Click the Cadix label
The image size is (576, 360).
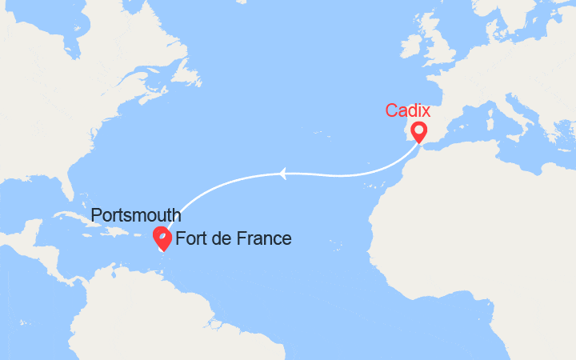(x=408, y=110)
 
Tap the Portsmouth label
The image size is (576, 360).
(x=135, y=216)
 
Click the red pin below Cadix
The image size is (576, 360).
(x=418, y=131)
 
